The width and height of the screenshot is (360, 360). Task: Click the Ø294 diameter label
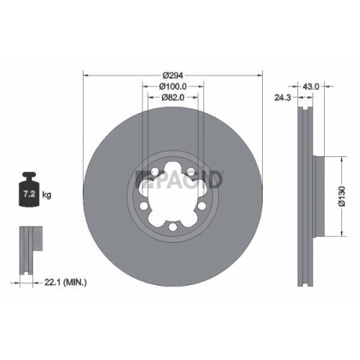174,74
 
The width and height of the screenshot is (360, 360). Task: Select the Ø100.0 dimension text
174,86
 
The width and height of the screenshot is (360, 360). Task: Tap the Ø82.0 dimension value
174,98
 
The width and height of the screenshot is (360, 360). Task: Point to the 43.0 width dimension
310,86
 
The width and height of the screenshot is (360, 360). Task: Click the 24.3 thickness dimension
282,96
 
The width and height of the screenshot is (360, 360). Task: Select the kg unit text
47,195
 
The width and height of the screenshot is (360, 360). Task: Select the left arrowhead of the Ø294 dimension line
87,74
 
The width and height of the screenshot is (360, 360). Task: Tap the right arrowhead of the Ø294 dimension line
260,74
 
